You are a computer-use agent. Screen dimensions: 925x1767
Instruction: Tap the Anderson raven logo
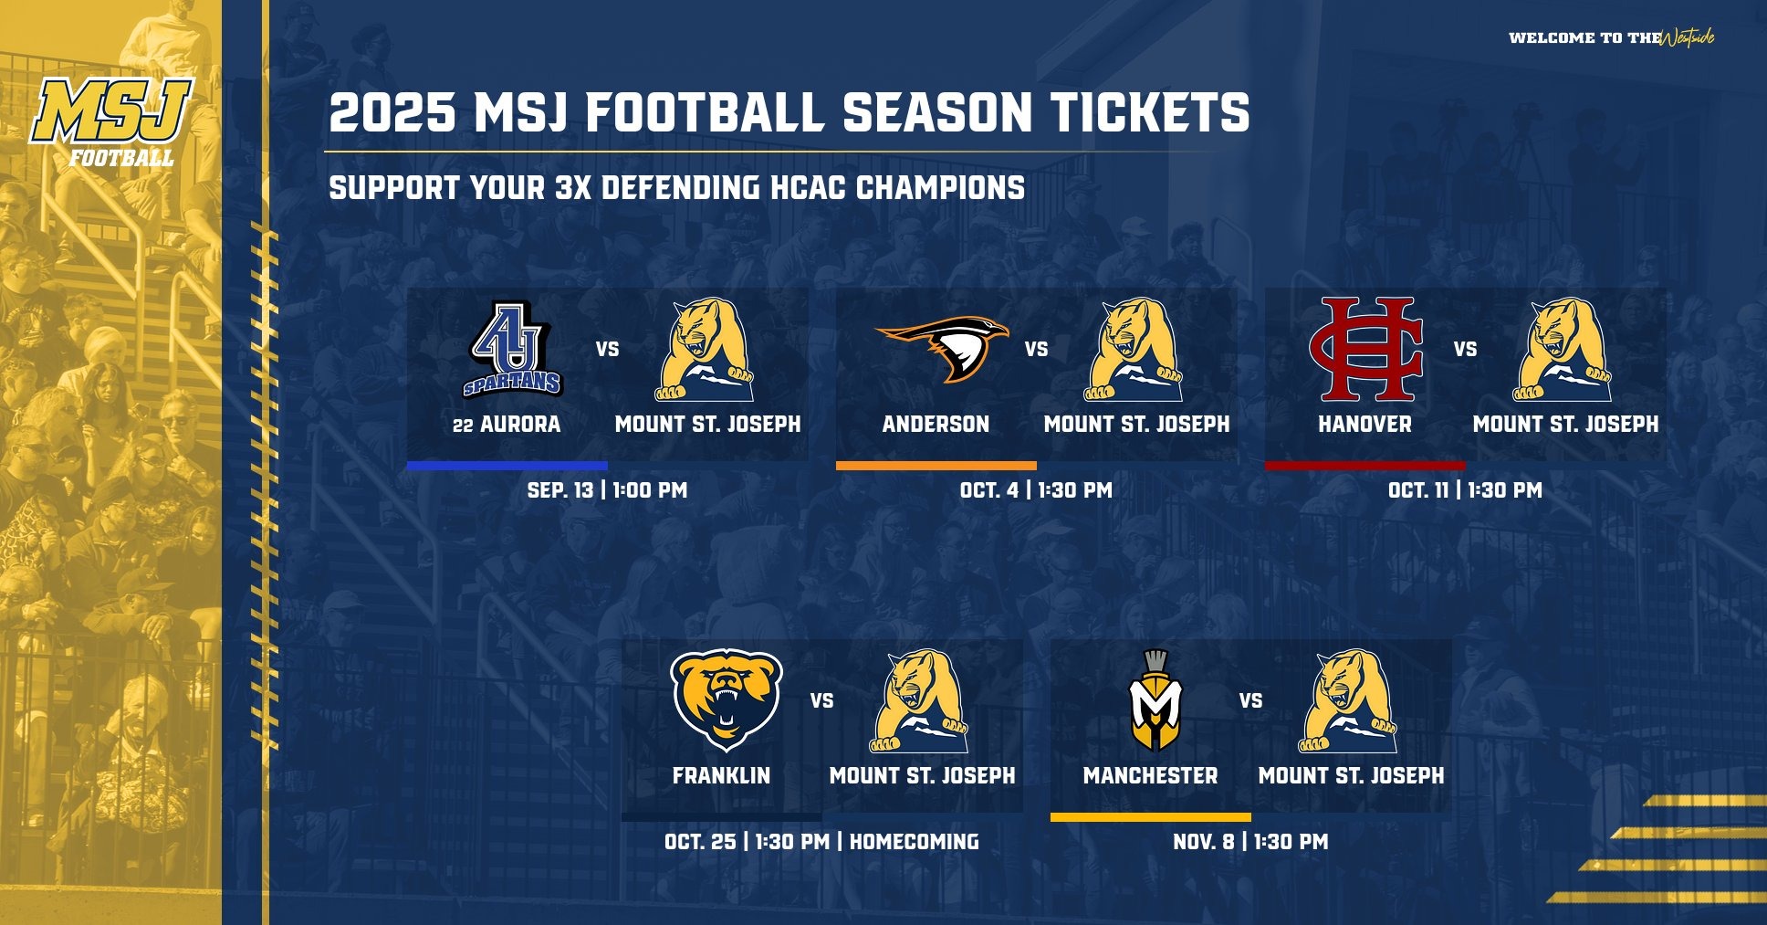943,349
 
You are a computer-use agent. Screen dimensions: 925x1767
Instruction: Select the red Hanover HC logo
1365,349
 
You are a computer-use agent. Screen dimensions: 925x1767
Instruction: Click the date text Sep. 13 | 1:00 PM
607,490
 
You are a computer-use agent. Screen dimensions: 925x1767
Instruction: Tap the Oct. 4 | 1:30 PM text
1036,490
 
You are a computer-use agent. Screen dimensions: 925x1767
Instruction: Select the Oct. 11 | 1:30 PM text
1465,490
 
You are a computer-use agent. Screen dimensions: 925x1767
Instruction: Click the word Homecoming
914,842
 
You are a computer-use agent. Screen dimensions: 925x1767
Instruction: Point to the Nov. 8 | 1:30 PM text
1250,842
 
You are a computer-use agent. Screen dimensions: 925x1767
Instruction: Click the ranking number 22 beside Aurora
463,426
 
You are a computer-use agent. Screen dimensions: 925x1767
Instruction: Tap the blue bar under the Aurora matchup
507,466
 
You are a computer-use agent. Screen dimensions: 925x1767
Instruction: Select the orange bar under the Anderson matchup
936,466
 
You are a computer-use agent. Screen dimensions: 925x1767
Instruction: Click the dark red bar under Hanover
1364,466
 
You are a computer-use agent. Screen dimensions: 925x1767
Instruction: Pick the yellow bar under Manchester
1150,817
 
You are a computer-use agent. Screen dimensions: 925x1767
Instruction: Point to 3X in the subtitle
572,188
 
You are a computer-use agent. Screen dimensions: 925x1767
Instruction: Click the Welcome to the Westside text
1611,37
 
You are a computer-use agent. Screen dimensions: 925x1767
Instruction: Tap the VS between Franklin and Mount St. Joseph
821,700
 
